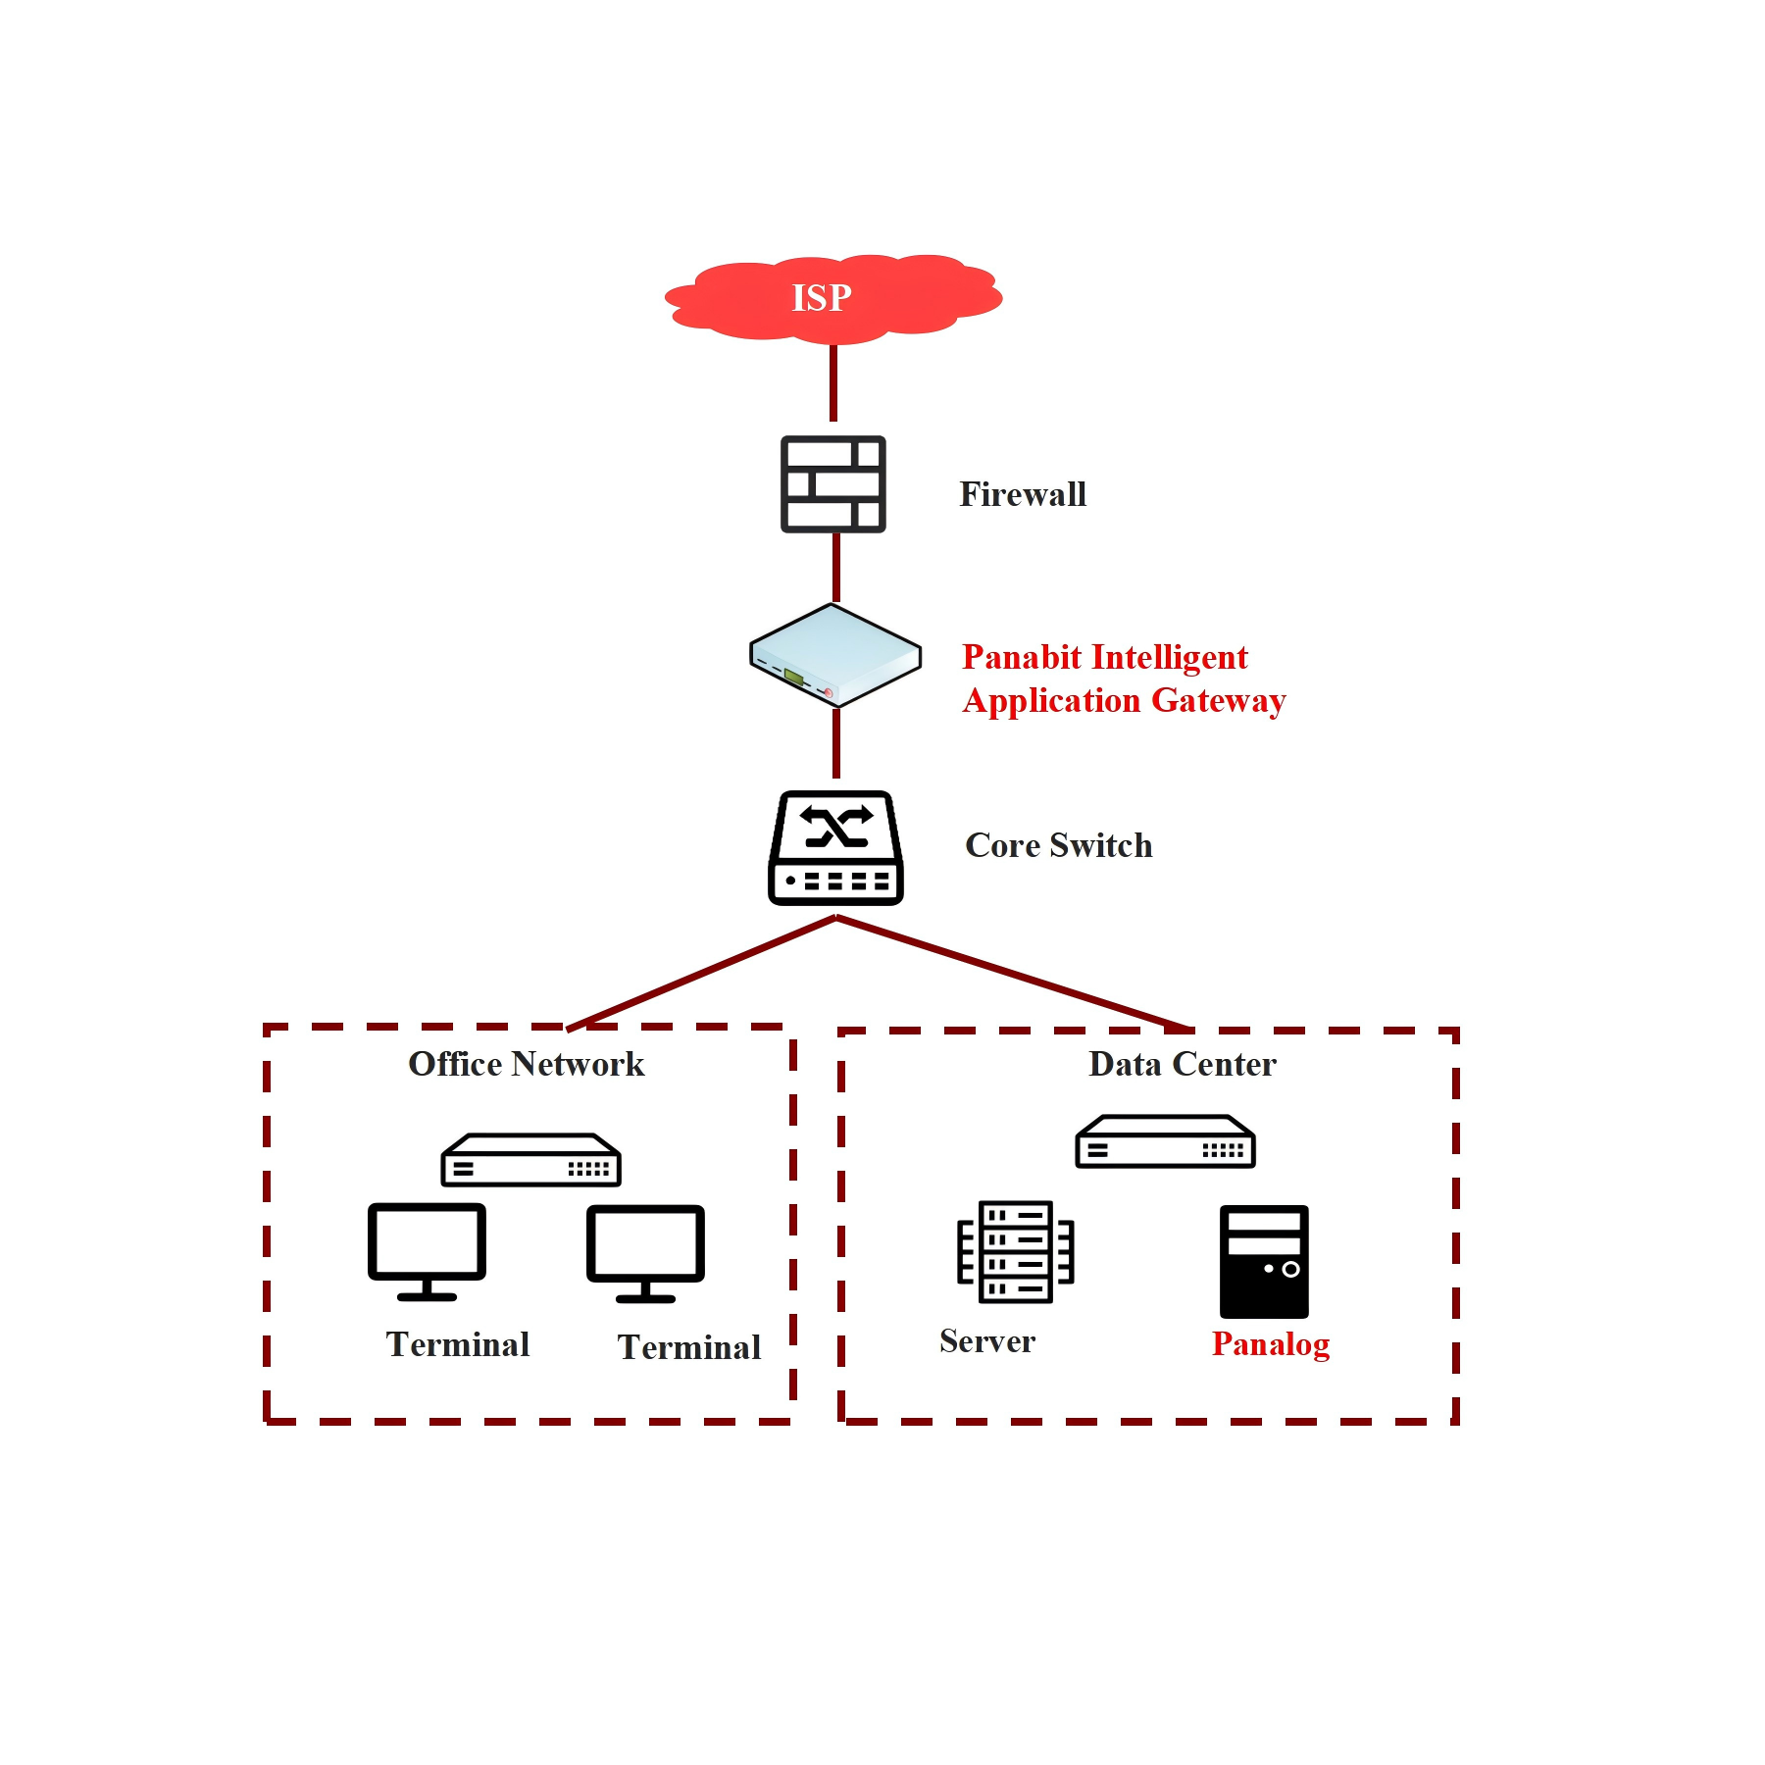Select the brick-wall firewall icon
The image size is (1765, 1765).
[832, 484]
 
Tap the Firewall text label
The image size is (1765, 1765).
[1022, 494]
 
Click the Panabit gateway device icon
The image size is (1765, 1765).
[835, 655]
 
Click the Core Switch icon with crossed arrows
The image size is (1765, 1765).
[835, 848]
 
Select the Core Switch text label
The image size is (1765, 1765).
[1058, 845]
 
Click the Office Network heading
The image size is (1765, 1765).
[526, 1064]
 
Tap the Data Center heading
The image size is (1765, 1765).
[1182, 1064]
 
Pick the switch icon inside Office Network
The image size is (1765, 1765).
[530, 1160]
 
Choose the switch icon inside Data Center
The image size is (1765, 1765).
[1165, 1141]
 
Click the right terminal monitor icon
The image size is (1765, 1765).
[645, 1253]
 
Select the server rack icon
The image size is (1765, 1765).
[1015, 1251]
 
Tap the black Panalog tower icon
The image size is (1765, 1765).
[1264, 1261]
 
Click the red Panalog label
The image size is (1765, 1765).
[1270, 1343]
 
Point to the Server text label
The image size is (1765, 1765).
[986, 1341]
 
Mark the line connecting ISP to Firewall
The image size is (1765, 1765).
[833, 382]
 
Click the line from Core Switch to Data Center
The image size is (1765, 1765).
[1010, 972]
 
